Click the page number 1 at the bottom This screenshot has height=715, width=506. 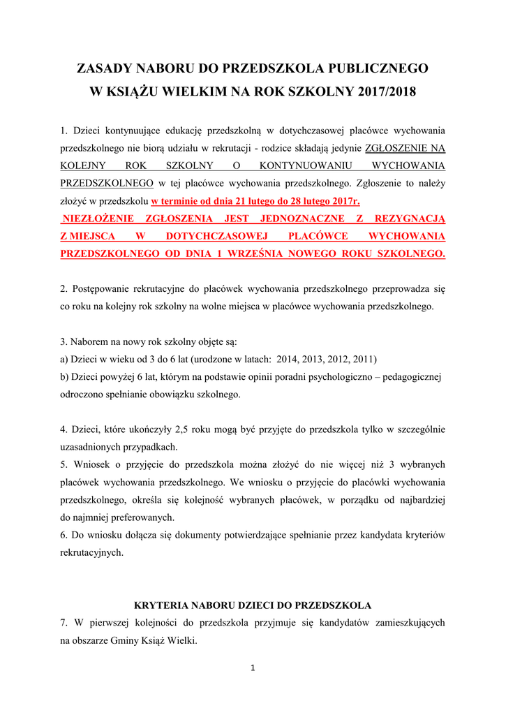point(253,668)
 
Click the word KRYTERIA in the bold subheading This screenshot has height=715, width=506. point(157,605)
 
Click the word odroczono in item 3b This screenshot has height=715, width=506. point(84,395)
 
